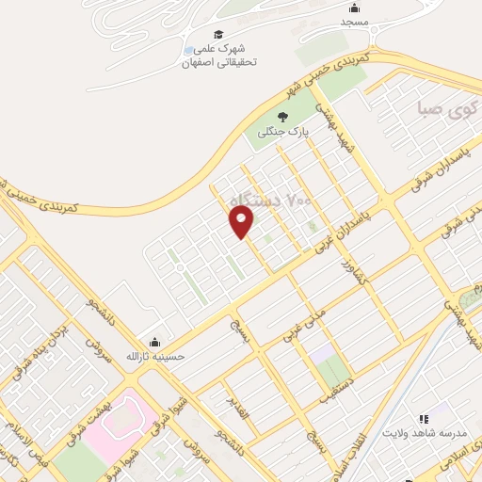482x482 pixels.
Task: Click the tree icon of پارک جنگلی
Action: [281, 119]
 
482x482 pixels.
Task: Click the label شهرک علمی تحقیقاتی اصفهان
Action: [219, 57]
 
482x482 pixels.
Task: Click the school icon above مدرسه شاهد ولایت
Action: [423, 418]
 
